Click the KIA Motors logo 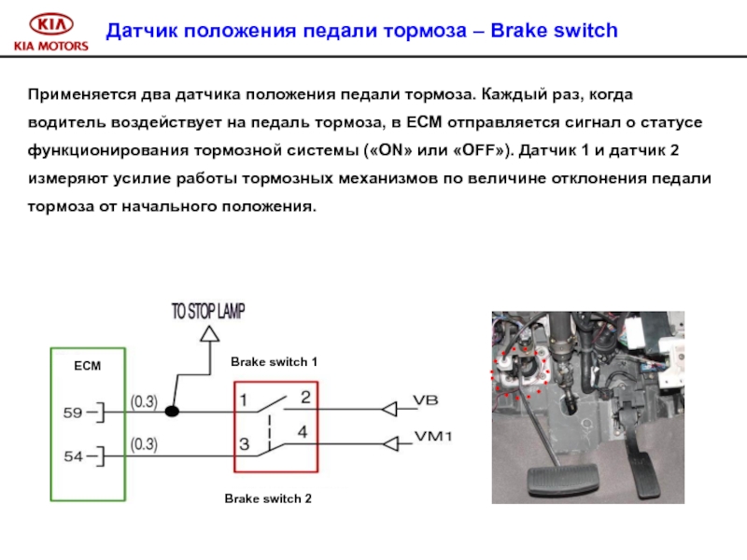[x=50, y=32]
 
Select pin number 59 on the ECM [x=74, y=410]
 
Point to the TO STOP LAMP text [x=208, y=312]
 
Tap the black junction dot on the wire [x=172, y=410]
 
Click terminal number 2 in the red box [x=304, y=398]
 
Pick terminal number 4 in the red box [x=303, y=432]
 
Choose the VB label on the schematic [x=426, y=400]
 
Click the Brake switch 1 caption [x=275, y=361]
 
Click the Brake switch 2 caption [x=268, y=499]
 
